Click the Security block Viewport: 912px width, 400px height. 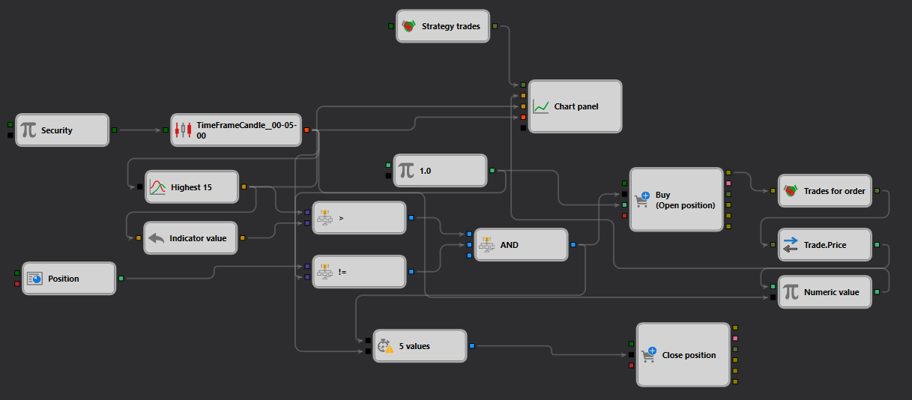[62, 130]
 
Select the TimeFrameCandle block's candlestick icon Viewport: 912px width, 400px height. [183, 130]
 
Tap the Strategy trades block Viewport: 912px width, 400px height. [443, 26]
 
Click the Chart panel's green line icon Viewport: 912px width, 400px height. [541, 106]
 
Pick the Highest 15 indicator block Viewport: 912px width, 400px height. [192, 187]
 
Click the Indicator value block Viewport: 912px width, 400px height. [190, 238]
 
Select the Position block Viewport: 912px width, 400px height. [69, 279]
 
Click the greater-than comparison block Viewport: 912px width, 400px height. [359, 218]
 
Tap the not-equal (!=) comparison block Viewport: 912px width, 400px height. [359, 271]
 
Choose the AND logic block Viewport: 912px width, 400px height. [521, 244]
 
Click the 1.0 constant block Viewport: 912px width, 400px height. [440, 171]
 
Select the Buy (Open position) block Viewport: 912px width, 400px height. [676, 199]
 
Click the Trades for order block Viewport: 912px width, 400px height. [825, 191]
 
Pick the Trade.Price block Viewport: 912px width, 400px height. [825, 244]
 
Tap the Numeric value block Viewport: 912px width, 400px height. [825, 291]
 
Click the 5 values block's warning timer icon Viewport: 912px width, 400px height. [385, 346]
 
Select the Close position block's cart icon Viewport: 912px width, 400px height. [649, 355]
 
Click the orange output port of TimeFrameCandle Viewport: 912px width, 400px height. [306, 130]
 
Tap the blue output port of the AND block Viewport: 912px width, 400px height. [573, 244]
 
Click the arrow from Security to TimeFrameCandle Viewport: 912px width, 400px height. [140, 130]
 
